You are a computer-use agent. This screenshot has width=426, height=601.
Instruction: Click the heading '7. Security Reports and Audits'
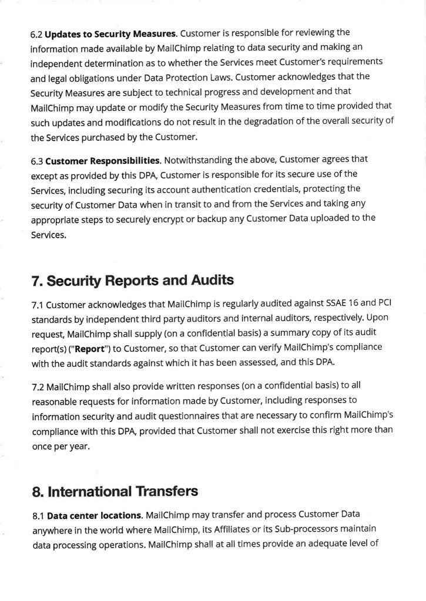pos(132,281)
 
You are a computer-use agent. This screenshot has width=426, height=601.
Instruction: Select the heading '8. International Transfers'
pos(115,491)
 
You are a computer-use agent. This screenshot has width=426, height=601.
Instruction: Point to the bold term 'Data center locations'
pos(94,516)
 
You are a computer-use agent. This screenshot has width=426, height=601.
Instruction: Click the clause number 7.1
pos(37,305)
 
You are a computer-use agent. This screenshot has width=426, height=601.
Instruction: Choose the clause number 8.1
pos(38,516)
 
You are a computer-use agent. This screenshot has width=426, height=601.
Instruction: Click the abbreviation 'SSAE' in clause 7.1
pos(339,305)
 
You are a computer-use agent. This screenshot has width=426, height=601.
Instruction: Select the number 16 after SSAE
pos(360,305)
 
